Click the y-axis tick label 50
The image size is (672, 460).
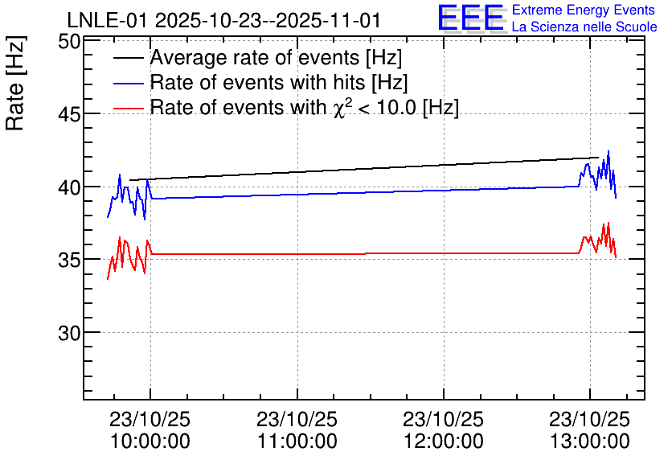[x=69, y=43]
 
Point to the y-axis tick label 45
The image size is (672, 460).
[x=69, y=114]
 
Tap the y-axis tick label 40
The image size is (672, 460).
[x=69, y=187]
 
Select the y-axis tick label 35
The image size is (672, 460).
[x=69, y=260]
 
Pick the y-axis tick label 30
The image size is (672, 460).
[x=69, y=333]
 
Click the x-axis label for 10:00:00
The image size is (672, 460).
[x=150, y=430]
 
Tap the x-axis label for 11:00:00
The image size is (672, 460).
[x=297, y=430]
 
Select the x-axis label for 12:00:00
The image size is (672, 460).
[x=444, y=430]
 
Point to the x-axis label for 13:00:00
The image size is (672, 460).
[x=590, y=430]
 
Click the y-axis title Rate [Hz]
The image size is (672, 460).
[x=15, y=83]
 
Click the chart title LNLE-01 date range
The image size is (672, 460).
[x=224, y=21]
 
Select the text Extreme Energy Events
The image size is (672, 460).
[x=584, y=10]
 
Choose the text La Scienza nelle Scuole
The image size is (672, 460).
[x=584, y=27]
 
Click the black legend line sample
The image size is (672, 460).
[x=129, y=59]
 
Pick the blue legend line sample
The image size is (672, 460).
[x=129, y=84]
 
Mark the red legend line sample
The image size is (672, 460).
[x=129, y=109]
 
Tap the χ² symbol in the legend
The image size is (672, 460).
[x=339, y=108]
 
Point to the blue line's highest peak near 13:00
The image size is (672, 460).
[x=608, y=151]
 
